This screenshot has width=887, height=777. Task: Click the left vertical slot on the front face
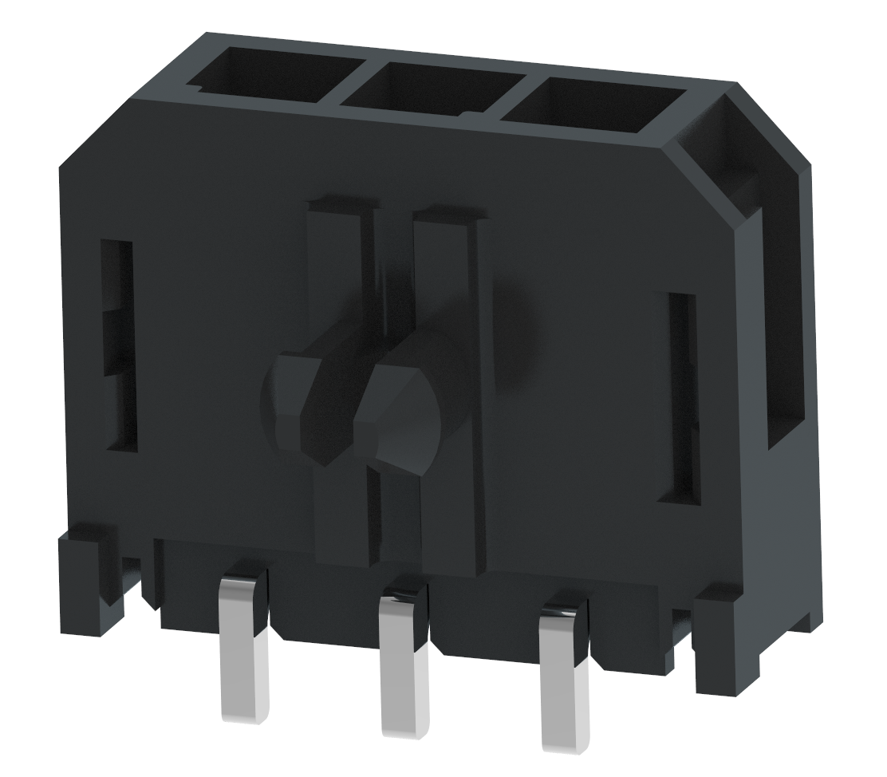(x=116, y=343)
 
